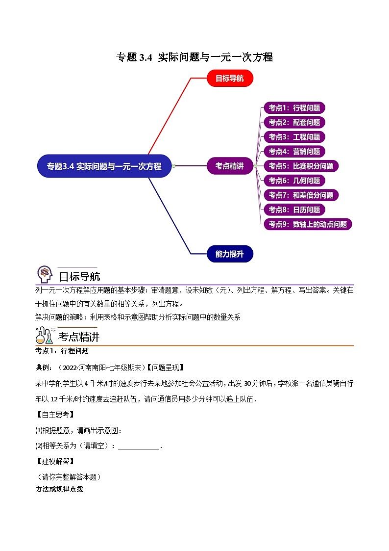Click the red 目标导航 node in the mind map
click(230, 79)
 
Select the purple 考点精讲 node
click(229, 166)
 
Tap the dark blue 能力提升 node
click(230, 254)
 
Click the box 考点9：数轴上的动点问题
click(308, 224)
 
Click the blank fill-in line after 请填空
click(139, 446)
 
